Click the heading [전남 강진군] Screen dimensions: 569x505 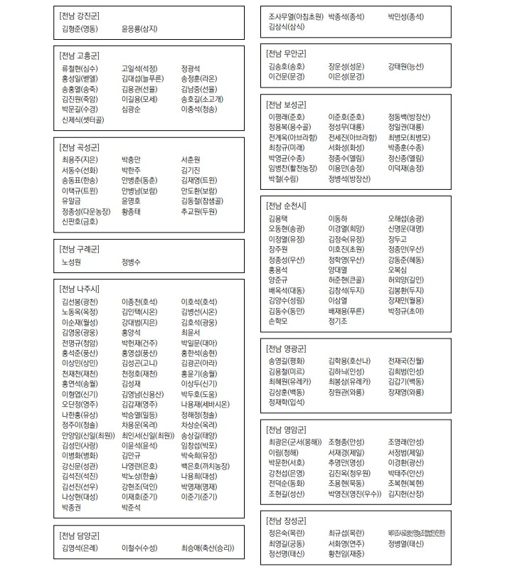pos(80,15)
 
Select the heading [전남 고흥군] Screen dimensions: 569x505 pos(80,55)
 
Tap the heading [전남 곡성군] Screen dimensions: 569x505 pos(80,146)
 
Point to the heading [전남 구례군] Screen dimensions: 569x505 pos(80,249)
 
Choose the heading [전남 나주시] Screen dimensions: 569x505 pos(80,289)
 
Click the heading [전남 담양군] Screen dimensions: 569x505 pos(80,535)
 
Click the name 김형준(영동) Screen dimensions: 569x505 pos(80,28)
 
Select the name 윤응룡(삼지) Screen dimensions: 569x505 pos(139,28)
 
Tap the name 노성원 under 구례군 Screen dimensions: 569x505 pos(72,262)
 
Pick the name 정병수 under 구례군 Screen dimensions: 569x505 pos(132,262)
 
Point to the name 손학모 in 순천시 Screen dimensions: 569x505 pos(278,321)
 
